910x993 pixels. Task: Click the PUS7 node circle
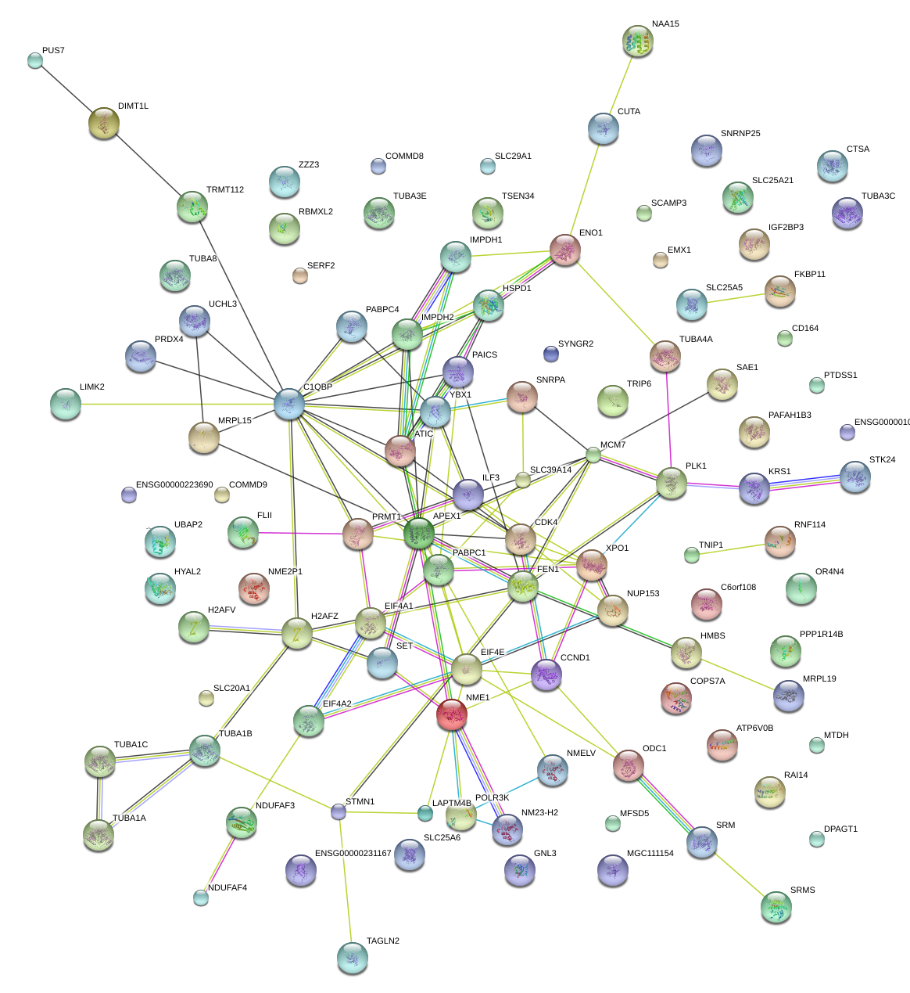pyautogui.click(x=35, y=60)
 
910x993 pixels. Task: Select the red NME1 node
pyautogui.click(x=452, y=714)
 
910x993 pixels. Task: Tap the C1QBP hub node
pyautogui.click(x=289, y=404)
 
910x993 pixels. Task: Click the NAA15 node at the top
pyautogui.click(x=638, y=41)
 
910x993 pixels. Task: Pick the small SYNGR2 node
pyautogui.click(x=551, y=354)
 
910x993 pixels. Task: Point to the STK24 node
pyautogui.click(x=854, y=477)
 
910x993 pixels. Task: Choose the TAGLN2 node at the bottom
pyautogui.click(x=352, y=958)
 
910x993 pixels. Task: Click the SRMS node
pyautogui.click(x=776, y=907)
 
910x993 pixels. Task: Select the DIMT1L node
pyautogui.click(x=104, y=123)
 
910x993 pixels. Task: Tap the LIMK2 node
pyautogui.click(x=66, y=404)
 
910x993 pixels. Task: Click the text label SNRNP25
pyautogui.click(x=740, y=134)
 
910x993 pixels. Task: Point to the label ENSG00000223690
pyautogui.click(x=174, y=485)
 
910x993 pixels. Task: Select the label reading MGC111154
pyautogui.click(x=650, y=854)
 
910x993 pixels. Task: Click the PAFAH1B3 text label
pyautogui.click(x=790, y=416)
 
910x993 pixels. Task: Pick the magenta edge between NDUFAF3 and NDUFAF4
pyautogui.click(x=221, y=860)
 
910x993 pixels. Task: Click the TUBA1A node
pyautogui.click(x=99, y=835)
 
